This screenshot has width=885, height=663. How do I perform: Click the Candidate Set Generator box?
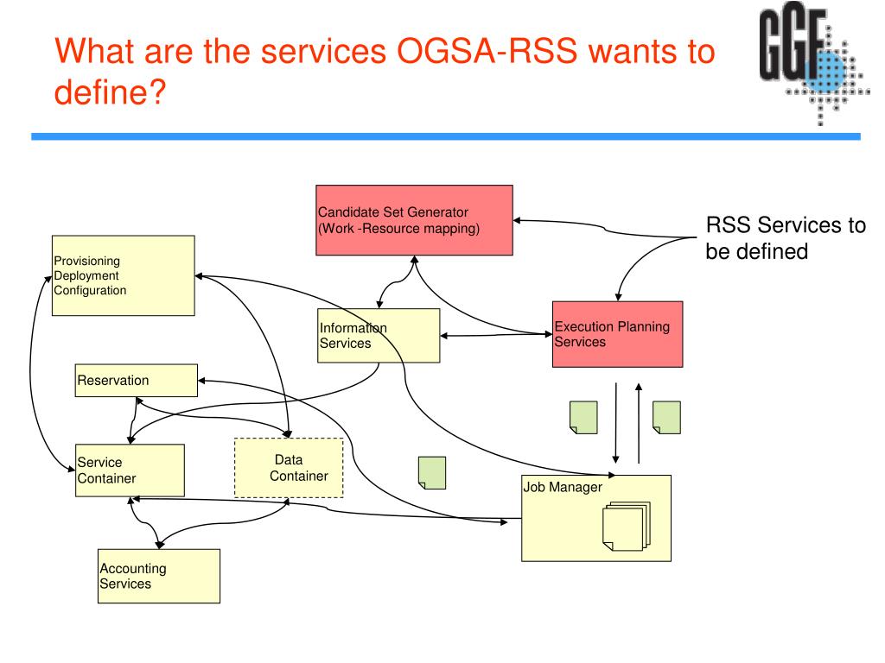(414, 220)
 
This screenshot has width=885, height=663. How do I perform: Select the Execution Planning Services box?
(617, 334)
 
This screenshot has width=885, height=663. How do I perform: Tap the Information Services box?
(379, 336)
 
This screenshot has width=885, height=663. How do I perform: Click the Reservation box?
(137, 381)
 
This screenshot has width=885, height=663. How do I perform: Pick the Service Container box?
(130, 470)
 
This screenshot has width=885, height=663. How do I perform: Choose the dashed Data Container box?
(289, 468)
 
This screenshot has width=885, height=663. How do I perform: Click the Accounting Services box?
(159, 576)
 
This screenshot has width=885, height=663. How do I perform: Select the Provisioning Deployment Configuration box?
(124, 275)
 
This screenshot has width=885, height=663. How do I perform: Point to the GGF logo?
(813, 63)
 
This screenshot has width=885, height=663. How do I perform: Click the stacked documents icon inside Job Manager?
(627, 526)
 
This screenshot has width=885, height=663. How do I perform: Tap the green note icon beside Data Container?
(432, 473)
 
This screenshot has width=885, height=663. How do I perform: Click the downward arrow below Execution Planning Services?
(615, 423)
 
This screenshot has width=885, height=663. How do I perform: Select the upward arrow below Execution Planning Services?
(639, 423)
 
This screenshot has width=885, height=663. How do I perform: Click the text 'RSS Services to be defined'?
(786, 238)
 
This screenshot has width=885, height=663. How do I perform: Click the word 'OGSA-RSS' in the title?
(487, 51)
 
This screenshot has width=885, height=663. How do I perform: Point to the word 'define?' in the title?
(110, 92)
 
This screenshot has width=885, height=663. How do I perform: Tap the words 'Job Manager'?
(563, 487)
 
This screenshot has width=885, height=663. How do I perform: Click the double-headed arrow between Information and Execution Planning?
(496, 335)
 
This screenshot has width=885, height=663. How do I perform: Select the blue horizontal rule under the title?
(446, 136)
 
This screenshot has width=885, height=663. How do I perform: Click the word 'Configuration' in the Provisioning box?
(90, 290)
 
